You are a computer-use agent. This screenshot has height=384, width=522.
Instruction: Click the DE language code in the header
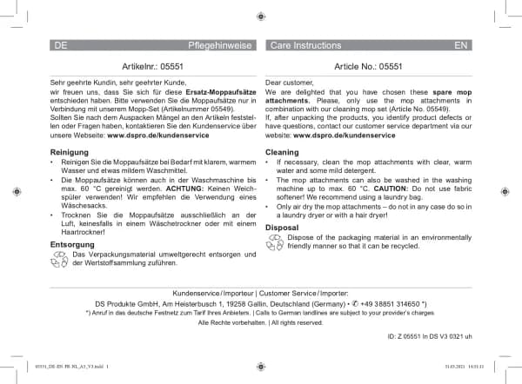click(x=60, y=43)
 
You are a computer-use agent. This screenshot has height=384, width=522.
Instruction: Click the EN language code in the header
click(x=461, y=43)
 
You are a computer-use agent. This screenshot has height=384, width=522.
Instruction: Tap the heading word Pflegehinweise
click(x=222, y=43)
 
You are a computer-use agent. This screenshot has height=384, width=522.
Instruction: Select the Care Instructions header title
click(x=305, y=43)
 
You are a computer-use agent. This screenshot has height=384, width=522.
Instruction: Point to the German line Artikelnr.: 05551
click(x=153, y=65)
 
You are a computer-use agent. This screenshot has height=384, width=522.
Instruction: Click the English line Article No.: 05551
click(x=368, y=65)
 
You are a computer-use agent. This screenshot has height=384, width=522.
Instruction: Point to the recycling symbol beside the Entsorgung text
click(x=60, y=259)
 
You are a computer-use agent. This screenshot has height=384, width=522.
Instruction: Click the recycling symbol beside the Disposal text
click(x=275, y=241)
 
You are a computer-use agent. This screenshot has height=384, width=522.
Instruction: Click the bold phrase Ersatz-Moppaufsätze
click(x=217, y=91)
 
